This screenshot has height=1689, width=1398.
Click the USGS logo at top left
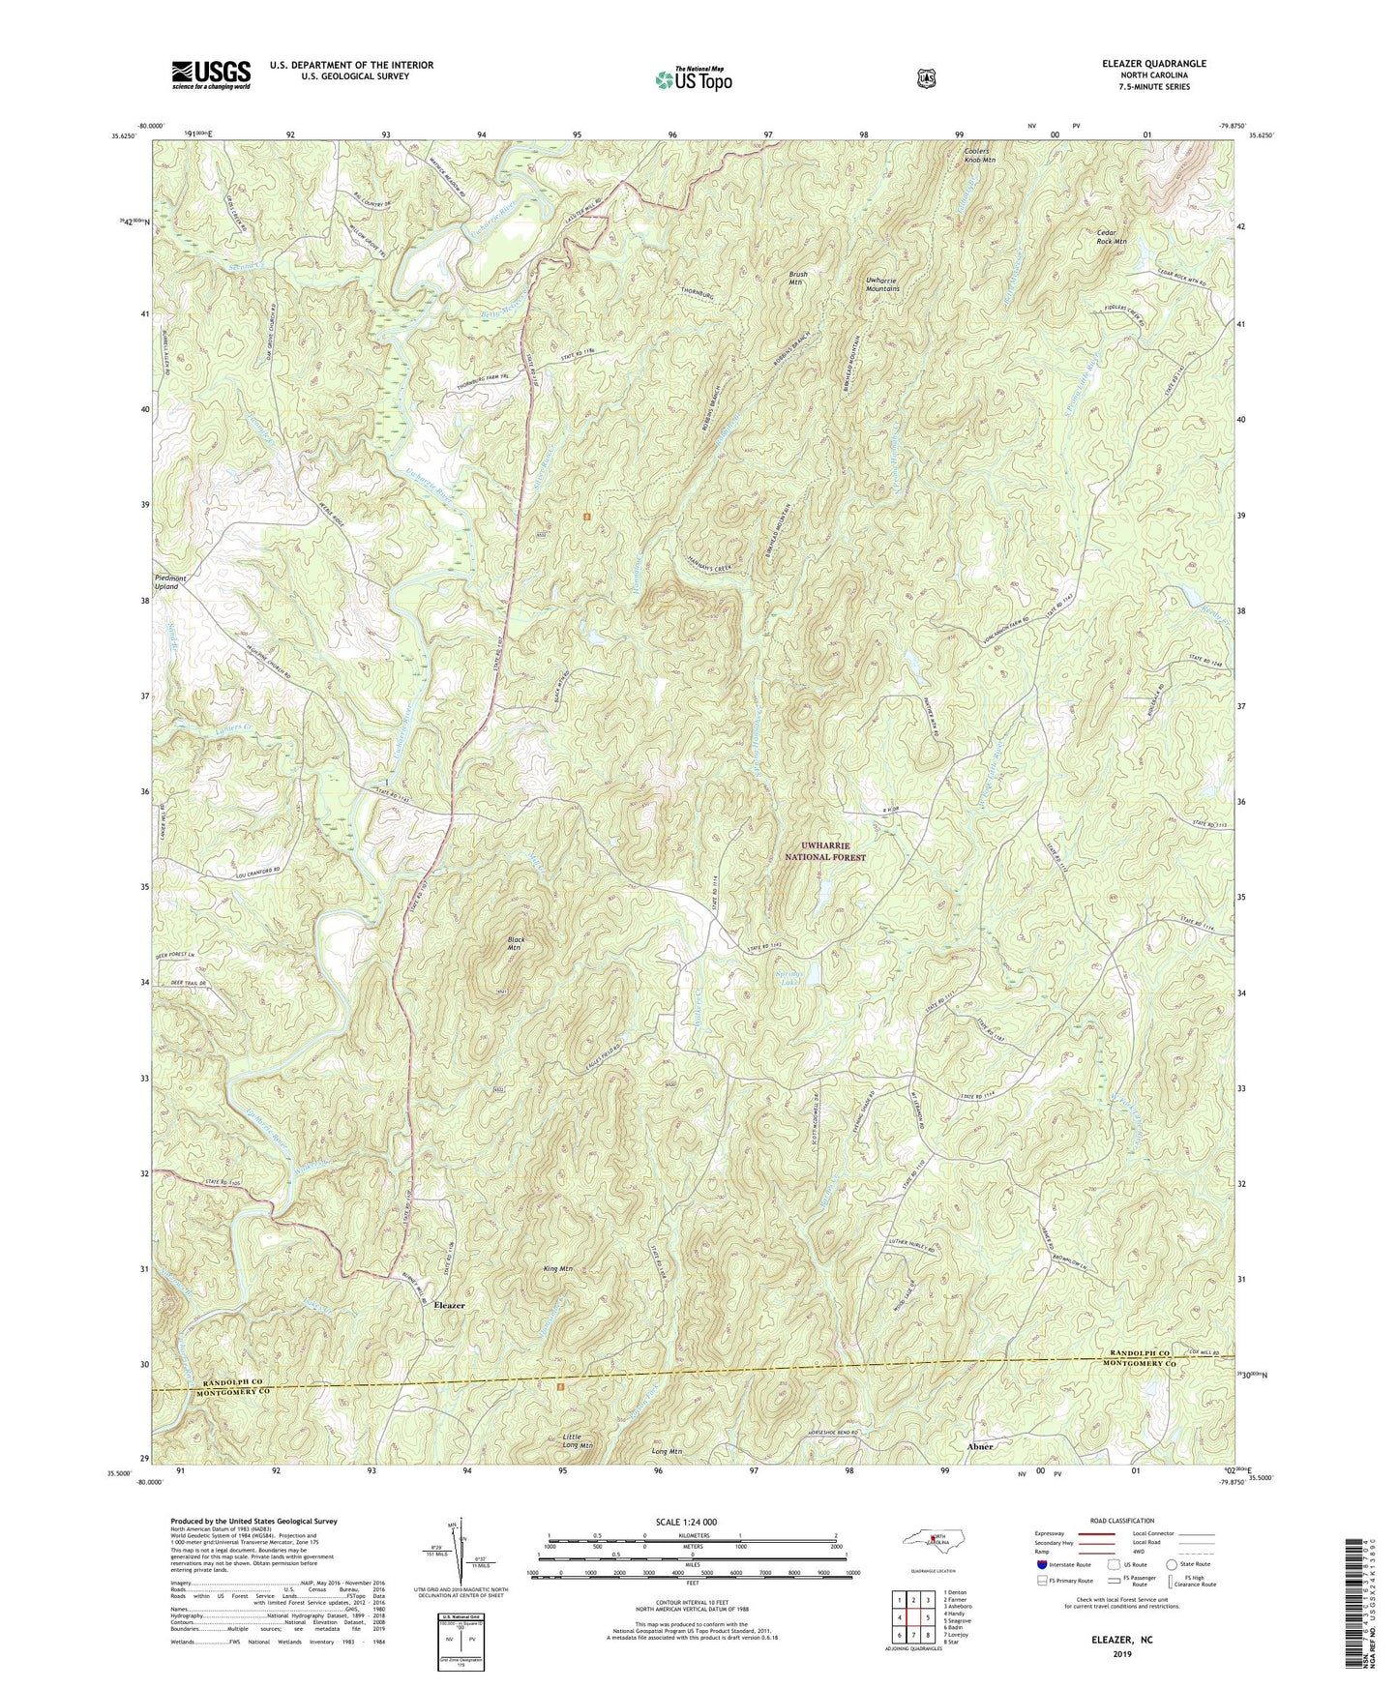click(211, 74)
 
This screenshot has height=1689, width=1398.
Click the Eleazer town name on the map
click(449, 1305)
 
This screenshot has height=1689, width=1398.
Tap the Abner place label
click(980, 1445)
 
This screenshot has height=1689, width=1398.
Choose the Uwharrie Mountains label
click(881, 283)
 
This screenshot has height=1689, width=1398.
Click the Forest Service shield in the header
click(926, 76)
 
